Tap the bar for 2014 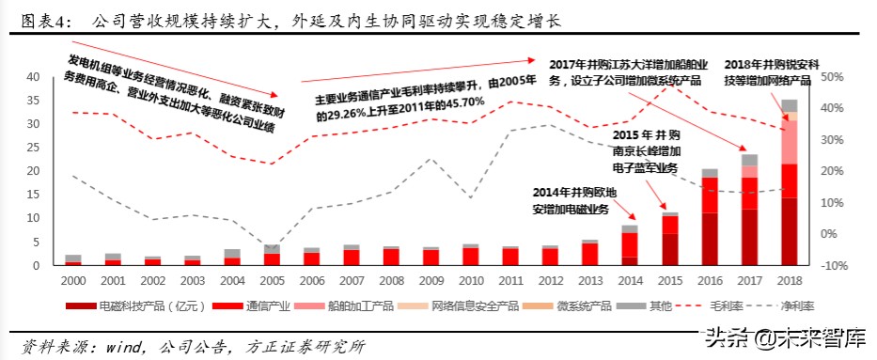click(630, 246)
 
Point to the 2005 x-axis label click(271, 280)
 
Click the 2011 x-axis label click(510, 280)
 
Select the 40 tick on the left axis click(32, 76)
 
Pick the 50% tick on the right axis click(836, 76)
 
